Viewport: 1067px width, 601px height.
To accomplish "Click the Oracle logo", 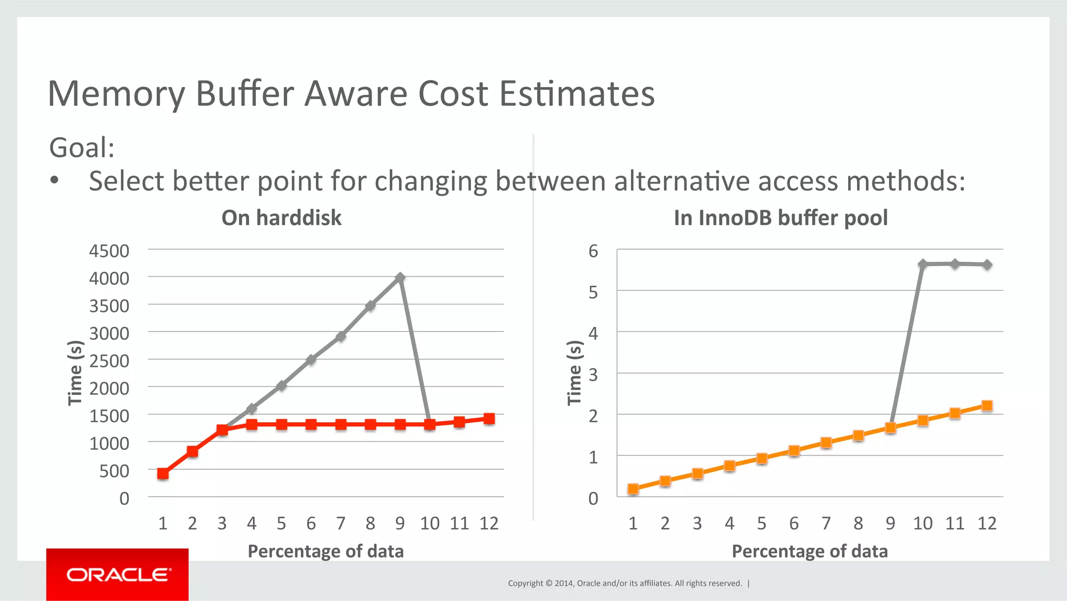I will pos(118,574).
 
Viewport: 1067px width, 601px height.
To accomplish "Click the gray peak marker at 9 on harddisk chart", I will pos(400,278).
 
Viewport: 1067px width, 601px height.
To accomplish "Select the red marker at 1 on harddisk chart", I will pos(163,473).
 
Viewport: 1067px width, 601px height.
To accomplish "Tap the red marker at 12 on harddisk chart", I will pos(489,419).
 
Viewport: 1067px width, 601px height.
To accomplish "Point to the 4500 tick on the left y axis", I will pos(109,251).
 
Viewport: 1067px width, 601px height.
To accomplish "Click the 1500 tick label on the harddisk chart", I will pos(109,416).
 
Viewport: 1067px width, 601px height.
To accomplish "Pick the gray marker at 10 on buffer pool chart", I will pos(923,264).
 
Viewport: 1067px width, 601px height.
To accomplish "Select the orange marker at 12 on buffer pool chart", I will pos(987,406).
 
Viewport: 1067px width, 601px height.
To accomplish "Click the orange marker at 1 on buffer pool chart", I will pos(633,488).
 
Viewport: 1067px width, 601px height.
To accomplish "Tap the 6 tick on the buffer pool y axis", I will pos(593,251).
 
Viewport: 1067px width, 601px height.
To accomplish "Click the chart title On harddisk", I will pos(281,218).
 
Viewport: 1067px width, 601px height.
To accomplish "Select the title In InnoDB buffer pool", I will pos(780,218).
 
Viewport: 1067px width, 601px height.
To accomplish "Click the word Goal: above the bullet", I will pos(82,148).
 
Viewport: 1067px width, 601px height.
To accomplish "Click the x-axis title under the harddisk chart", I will pos(326,551).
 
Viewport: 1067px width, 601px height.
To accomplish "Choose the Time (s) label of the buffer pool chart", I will pos(574,373).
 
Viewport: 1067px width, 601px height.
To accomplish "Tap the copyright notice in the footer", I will pos(625,583).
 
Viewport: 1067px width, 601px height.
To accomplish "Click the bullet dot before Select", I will pos(55,181).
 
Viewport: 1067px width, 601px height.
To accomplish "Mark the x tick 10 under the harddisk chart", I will pos(430,523).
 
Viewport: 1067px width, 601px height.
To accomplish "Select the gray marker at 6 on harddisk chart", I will pos(311,360).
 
